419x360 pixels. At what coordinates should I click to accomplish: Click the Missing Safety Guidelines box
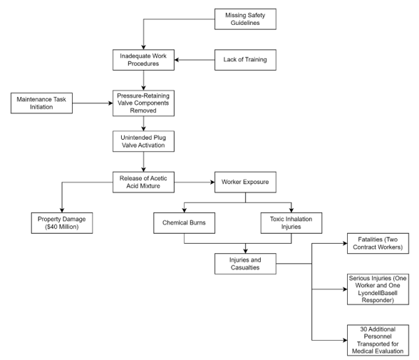coord(245,19)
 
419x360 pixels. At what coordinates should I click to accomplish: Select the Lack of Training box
coord(245,60)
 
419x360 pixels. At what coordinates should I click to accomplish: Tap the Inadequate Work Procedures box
coord(143,60)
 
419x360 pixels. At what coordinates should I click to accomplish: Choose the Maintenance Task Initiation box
coord(41,103)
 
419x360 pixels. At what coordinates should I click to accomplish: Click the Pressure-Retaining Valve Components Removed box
coord(143,103)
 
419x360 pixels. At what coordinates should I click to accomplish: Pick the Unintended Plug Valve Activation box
coord(143,141)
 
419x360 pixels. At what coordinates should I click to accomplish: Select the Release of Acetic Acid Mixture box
coord(143,182)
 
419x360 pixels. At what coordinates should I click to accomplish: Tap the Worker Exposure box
coord(245,182)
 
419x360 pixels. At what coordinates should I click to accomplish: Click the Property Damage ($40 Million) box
coord(62,223)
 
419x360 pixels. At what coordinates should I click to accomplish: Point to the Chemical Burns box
coord(184,223)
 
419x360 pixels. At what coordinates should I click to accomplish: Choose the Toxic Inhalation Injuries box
coord(291,223)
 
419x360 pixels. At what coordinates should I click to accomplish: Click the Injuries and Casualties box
coord(245,264)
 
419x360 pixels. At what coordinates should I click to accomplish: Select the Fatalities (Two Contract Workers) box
coord(378,244)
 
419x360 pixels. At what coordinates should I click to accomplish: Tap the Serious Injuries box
coord(378,289)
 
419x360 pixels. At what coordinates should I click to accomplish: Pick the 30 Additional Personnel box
coord(378,340)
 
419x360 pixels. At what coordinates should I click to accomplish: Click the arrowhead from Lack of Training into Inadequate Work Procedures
coord(177,60)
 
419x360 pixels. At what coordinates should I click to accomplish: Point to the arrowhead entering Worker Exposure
coord(212,182)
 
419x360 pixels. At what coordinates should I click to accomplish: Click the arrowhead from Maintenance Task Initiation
coord(110,103)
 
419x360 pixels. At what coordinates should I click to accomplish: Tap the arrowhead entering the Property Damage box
coord(62,210)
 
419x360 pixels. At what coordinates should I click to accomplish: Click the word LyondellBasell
coord(378,293)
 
